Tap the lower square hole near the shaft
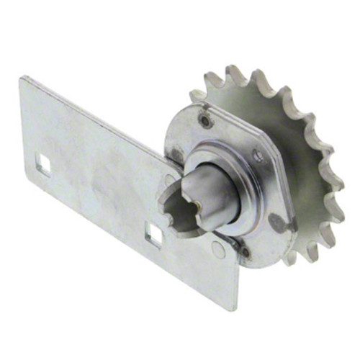pyautogui.click(x=153, y=234)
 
